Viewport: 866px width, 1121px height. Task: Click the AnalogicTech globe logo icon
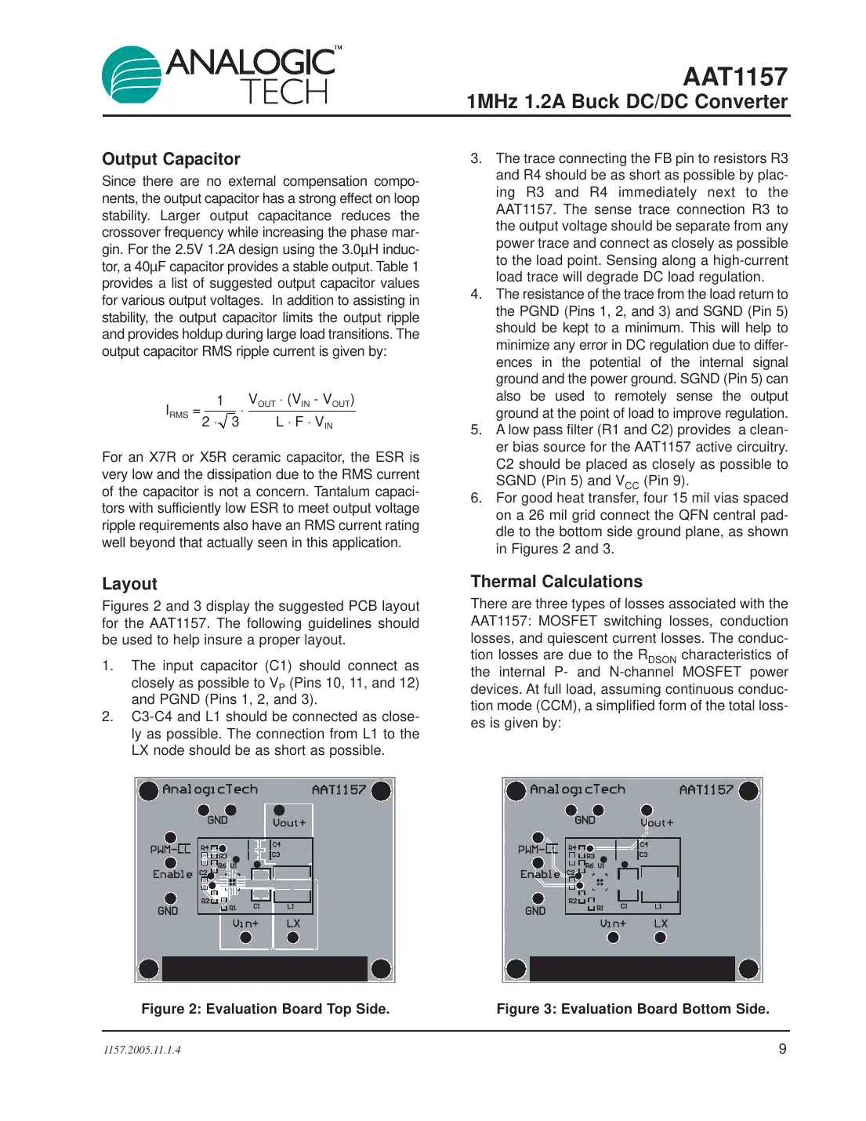[x=132, y=75]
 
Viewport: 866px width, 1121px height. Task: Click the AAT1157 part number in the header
[x=734, y=77]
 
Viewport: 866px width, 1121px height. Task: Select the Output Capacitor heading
[x=171, y=159]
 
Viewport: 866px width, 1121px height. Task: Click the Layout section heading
[x=129, y=584]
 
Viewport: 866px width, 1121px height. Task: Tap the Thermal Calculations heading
[x=556, y=582]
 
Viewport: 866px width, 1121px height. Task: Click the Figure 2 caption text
[x=265, y=1009]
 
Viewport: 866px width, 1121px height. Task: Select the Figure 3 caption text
[x=632, y=1009]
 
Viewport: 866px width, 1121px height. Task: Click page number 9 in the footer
[x=782, y=1049]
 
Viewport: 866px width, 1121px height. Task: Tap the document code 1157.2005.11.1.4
[x=142, y=1050]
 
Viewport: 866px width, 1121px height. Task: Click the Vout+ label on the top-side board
[x=289, y=823]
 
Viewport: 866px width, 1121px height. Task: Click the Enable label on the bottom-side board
[x=540, y=874]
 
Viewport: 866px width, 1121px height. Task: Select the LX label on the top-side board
[x=293, y=923]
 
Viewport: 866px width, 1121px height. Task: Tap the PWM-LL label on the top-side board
[x=171, y=849]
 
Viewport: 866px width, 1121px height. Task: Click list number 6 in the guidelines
[x=476, y=498]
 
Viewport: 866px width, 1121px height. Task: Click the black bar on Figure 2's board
[x=264, y=969]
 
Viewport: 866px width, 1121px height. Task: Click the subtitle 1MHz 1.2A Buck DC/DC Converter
[x=626, y=102]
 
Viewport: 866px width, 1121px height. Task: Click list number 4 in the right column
[x=476, y=294]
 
